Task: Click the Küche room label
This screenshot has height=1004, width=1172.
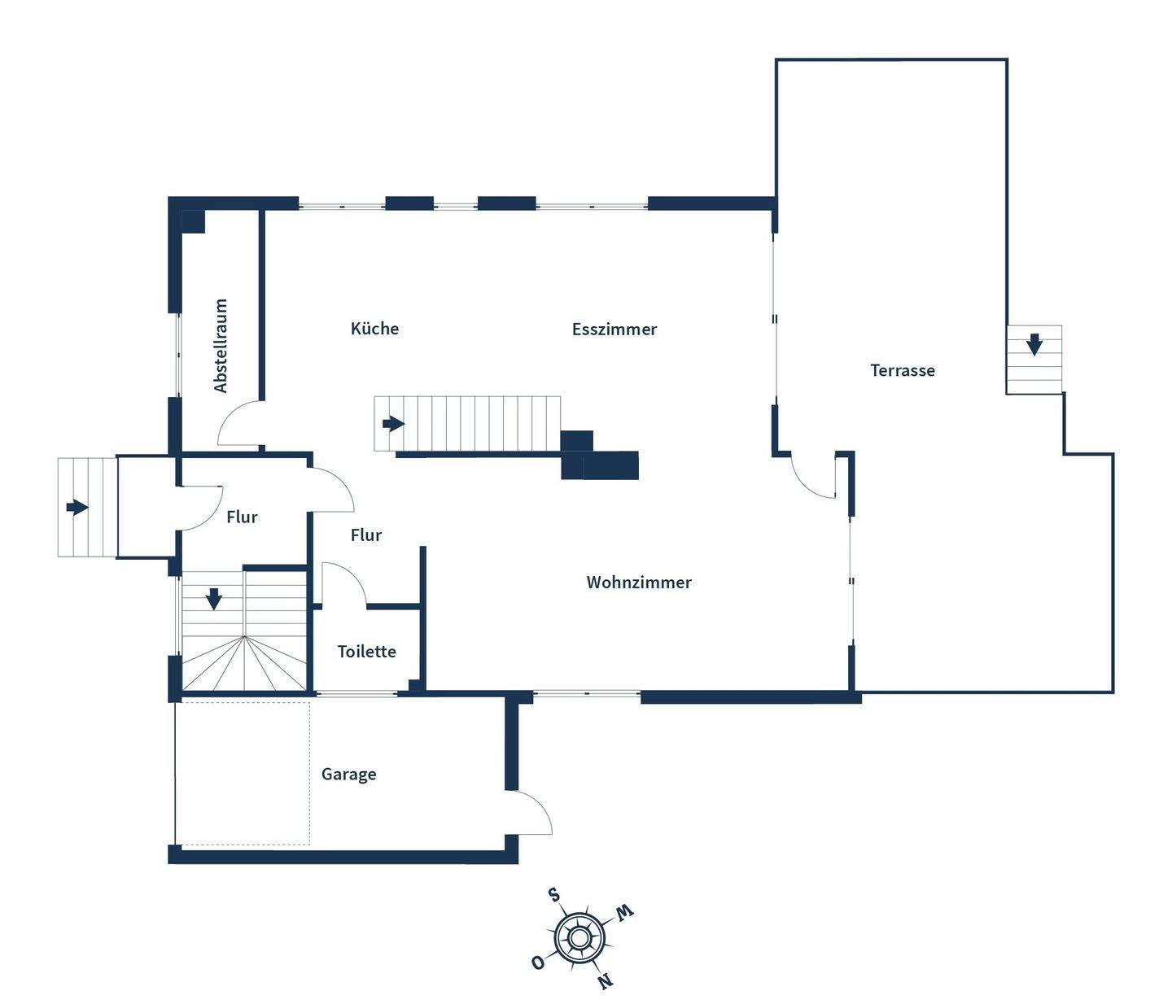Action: point(374,329)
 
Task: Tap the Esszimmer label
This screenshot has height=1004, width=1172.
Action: point(614,330)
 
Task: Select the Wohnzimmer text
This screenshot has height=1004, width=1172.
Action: point(639,583)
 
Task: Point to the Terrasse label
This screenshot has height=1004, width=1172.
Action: point(903,370)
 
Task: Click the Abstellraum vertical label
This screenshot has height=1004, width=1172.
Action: point(221,346)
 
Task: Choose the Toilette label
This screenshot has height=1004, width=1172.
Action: point(366,652)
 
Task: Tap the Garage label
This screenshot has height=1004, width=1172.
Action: point(348,775)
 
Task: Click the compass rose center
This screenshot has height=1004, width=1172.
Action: point(579,939)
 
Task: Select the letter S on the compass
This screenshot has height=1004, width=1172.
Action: point(554,896)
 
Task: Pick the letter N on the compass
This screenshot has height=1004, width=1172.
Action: point(605,981)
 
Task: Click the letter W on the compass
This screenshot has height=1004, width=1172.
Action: point(624,912)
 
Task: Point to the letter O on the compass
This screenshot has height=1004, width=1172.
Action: point(537,963)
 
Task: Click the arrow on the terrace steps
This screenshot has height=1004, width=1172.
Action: point(1034,344)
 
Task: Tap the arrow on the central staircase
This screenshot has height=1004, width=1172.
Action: point(394,424)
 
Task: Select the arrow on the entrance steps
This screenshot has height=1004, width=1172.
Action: point(77,508)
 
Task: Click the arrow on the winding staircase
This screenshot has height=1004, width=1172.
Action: point(213,600)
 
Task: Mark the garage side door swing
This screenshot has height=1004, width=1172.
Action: point(533,812)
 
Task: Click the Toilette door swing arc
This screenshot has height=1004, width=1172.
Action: point(345,583)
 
